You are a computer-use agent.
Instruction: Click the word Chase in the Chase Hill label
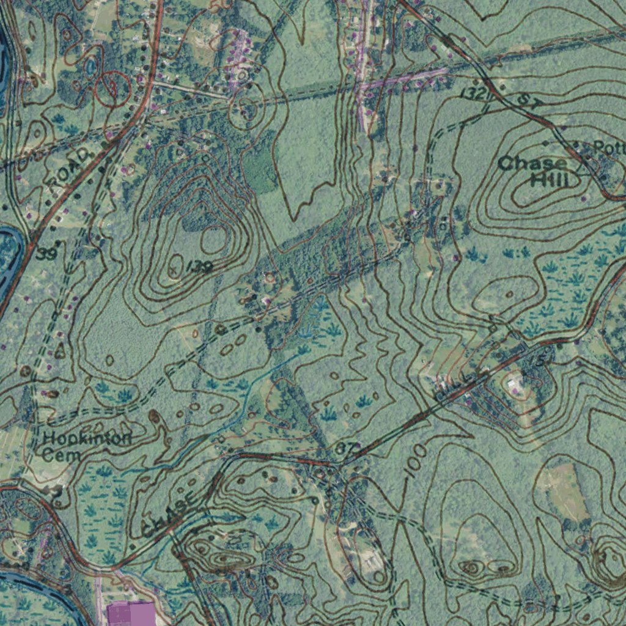tap(532, 163)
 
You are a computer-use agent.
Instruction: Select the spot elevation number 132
tap(475, 94)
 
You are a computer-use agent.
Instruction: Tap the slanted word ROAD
tap(71, 165)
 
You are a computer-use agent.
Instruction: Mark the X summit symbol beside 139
tap(175, 268)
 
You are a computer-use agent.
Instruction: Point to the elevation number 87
tap(346, 448)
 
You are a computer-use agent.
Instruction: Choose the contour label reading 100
tap(416, 460)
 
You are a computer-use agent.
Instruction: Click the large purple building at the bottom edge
tap(131, 613)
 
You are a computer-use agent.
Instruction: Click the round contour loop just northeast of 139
tap(213, 240)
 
